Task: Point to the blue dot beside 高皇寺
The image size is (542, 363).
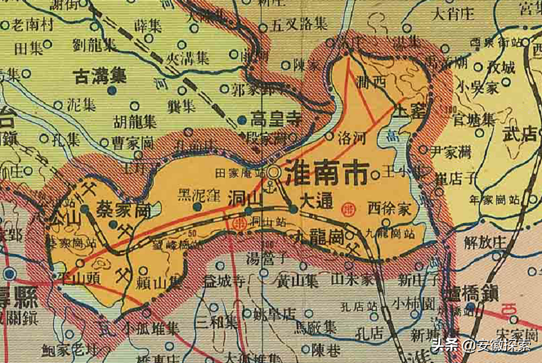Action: coord(242,120)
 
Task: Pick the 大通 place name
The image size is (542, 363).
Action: coord(317,201)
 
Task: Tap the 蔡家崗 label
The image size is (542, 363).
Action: coord(124,211)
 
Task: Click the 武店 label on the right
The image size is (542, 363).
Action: coord(519,134)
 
